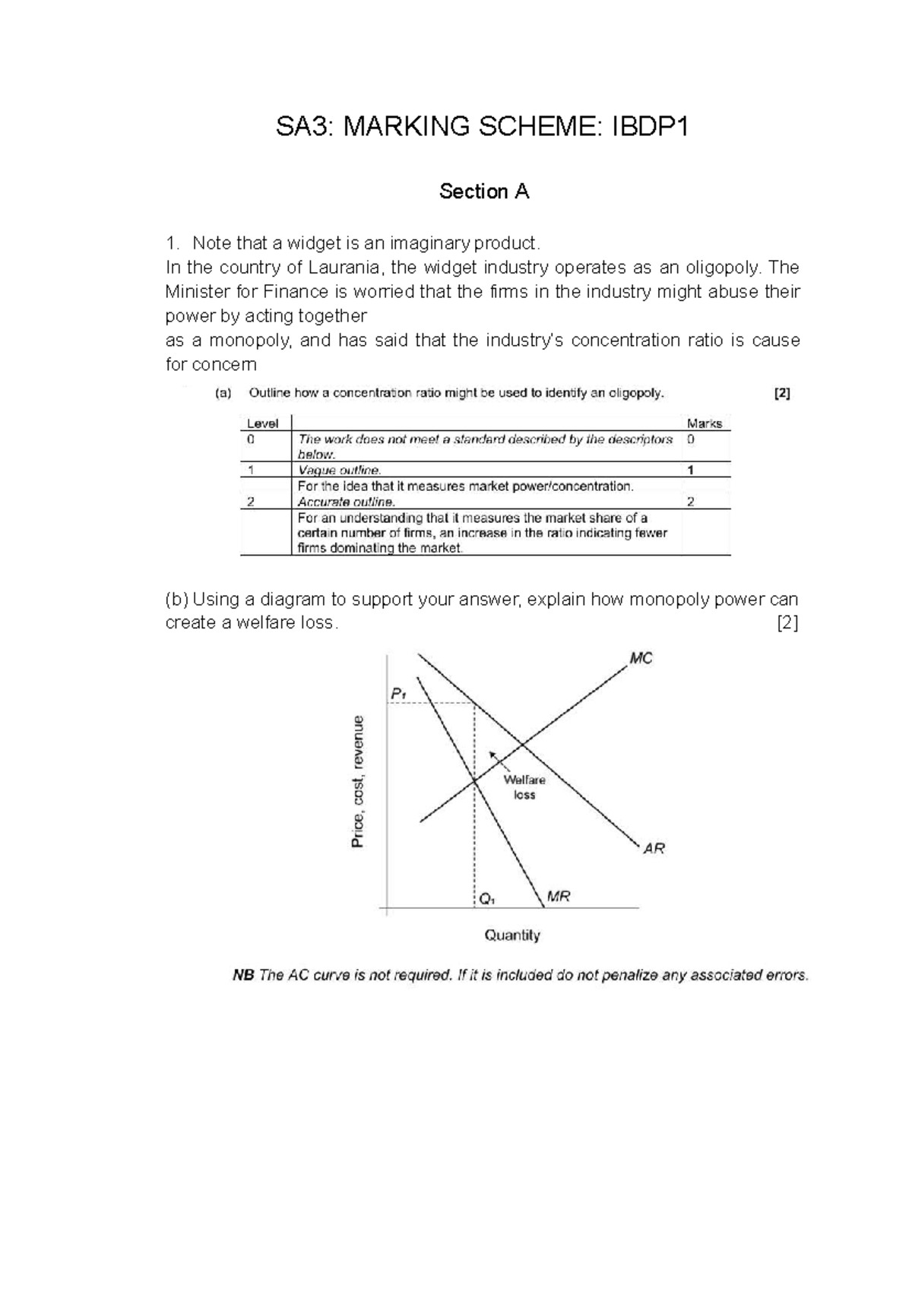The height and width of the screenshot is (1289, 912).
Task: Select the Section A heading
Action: pyautogui.click(x=483, y=192)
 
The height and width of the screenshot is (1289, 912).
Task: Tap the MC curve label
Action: pyautogui.click(x=641, y=658)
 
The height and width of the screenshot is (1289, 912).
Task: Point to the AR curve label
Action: pyautogui.click(x=654, y=848)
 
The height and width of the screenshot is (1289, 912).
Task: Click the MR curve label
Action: pyautogui.click(x=558, y=897)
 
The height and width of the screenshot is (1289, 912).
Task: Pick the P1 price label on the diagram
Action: pyautogui.click(x=398, y=693)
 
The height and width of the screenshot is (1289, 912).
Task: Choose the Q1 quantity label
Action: pyautogui.click(x=486, y=899)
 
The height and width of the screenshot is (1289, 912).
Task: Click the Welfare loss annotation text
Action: pyautogui.click(x=524, y=787)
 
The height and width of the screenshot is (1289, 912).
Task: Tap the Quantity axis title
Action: pyautogui.click(x=512, y=936)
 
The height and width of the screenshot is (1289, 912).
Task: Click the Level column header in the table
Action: pyautogui.click(x=263, y=423)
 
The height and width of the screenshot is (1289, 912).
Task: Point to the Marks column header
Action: pyautogui.click(x=704, y=423)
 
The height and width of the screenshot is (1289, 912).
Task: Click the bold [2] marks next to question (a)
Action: pyautogui.click(x=782, y=394)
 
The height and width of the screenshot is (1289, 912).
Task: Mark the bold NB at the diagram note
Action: pyautogui.click(x=243, y=975)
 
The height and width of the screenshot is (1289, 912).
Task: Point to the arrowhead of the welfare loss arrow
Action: pyautogui.click(x=492, y=754)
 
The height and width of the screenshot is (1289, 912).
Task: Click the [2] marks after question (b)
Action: pyautogui.click(x=787, y=624)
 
